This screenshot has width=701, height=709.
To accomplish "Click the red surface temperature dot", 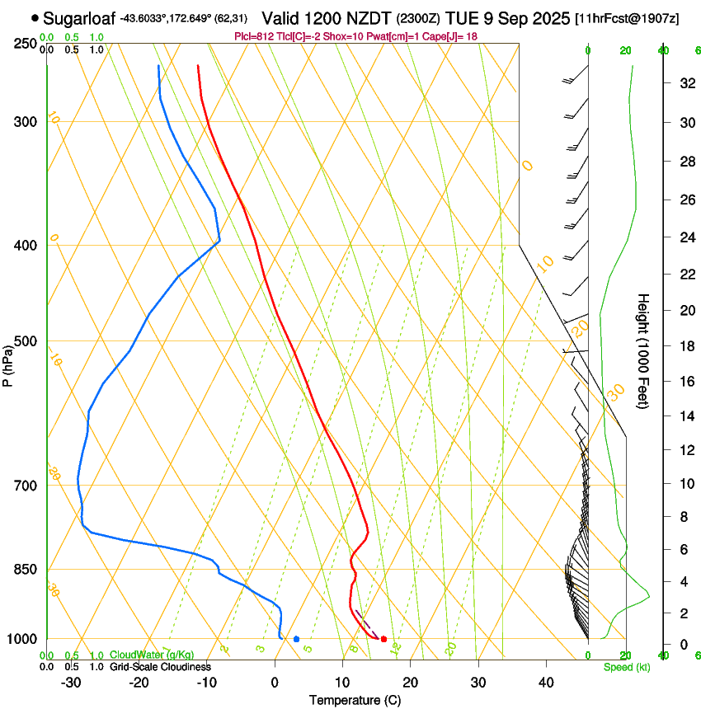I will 383,639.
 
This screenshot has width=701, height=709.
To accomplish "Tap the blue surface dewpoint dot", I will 296,639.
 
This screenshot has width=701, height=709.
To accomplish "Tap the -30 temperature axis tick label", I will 71,682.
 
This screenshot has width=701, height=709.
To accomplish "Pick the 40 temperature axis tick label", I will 546,682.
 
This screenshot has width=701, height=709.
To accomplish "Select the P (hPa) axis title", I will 7,363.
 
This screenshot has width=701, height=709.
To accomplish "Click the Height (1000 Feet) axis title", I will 644,351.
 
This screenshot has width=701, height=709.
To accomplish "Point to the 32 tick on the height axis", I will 685,83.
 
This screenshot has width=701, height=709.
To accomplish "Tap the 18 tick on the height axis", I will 685,346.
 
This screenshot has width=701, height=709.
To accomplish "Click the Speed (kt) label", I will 627,667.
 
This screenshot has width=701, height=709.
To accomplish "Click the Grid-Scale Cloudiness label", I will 160,667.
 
